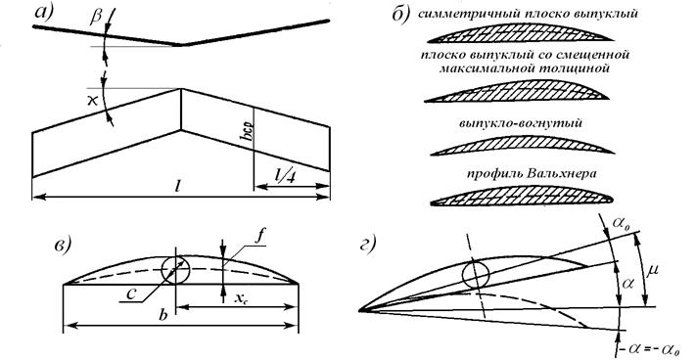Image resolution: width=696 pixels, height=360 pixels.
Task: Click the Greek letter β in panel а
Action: pos(96,16)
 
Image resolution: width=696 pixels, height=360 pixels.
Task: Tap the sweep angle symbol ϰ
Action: pos(93,101)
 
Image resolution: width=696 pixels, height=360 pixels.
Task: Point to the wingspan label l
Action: pos(177,186)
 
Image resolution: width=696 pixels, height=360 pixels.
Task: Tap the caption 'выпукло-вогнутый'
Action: pos(520,123)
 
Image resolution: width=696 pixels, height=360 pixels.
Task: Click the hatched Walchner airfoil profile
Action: pos(522,196)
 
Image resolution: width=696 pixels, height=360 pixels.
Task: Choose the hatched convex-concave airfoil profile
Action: pos(522,145)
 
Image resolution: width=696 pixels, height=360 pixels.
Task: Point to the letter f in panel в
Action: pos(259,236)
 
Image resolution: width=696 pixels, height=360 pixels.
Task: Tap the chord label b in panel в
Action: pos(163,315)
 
